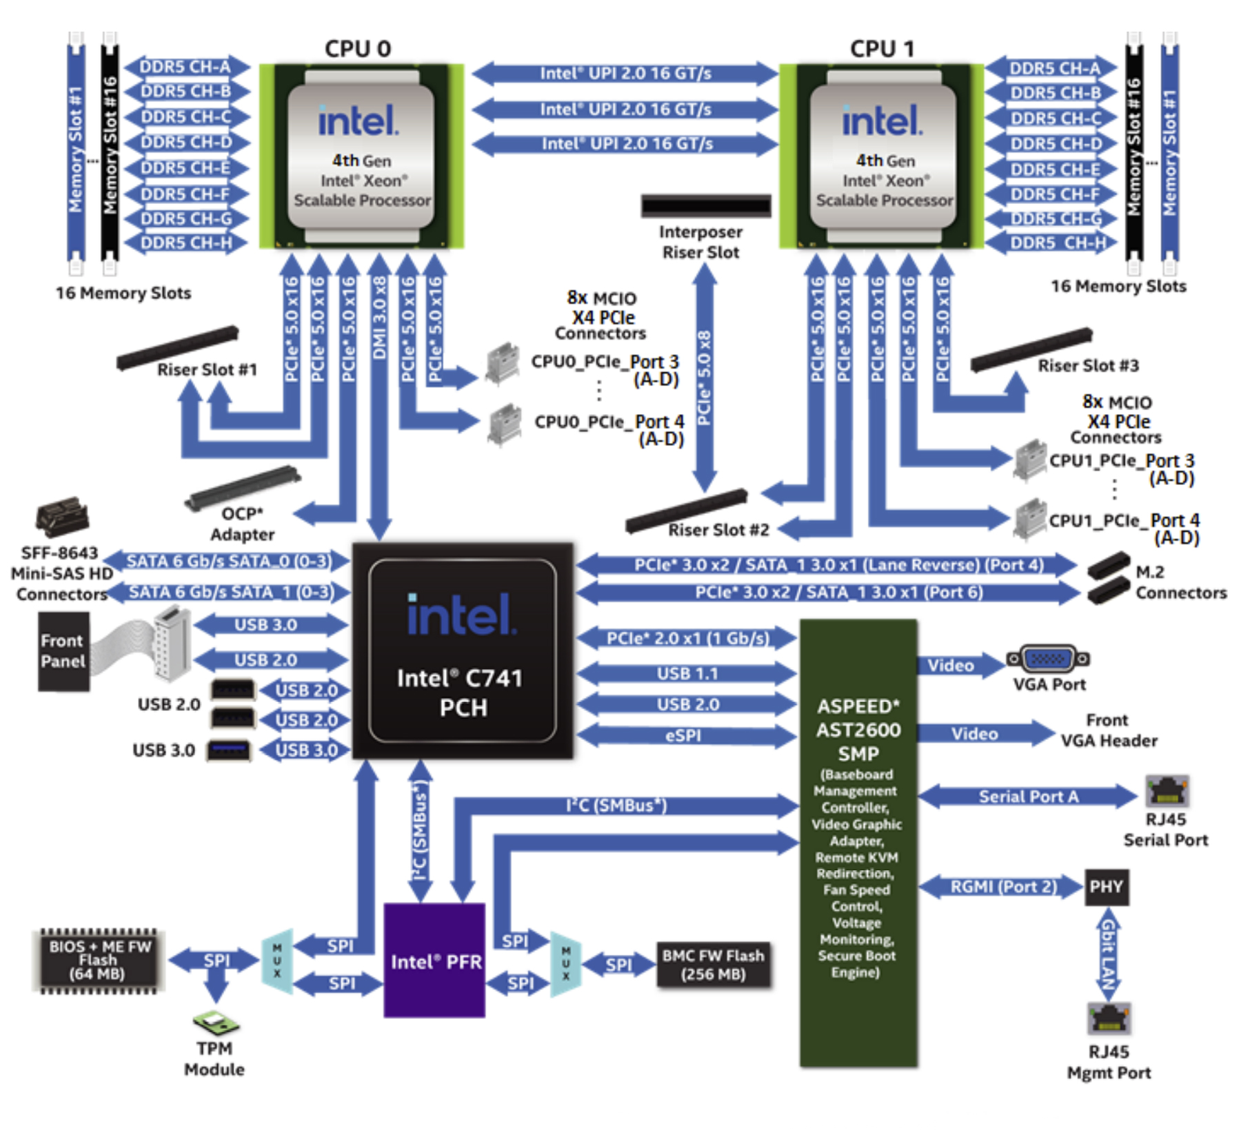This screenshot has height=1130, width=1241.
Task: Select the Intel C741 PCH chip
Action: pos(462,651)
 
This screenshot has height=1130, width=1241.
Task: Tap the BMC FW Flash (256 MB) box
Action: pos(713,965)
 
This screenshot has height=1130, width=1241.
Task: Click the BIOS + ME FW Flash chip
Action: pos(99,960)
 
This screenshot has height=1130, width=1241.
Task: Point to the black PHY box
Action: pos(1106,887)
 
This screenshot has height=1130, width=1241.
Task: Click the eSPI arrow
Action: pos(685,736)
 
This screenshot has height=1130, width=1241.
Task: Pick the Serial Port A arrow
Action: pos(1027,797)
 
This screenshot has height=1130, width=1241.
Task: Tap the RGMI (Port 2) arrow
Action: pos(1002,887)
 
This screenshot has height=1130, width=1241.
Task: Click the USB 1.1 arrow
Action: pos(687,674)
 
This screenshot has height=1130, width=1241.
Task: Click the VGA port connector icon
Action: pos(1048,659)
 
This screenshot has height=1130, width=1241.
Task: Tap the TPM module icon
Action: pos(216,1023)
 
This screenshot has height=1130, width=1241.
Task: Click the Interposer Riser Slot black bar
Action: pos(705,205)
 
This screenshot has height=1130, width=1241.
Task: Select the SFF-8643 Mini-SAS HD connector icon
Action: pos(62,517)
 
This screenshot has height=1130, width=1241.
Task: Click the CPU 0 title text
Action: pos(358,49)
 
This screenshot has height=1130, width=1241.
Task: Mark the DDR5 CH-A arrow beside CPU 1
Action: pos(1052,68)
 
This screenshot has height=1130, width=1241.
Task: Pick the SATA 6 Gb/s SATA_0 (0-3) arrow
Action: pos(228,562)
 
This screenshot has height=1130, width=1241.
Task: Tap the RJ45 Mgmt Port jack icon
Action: pos(1109,1018)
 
